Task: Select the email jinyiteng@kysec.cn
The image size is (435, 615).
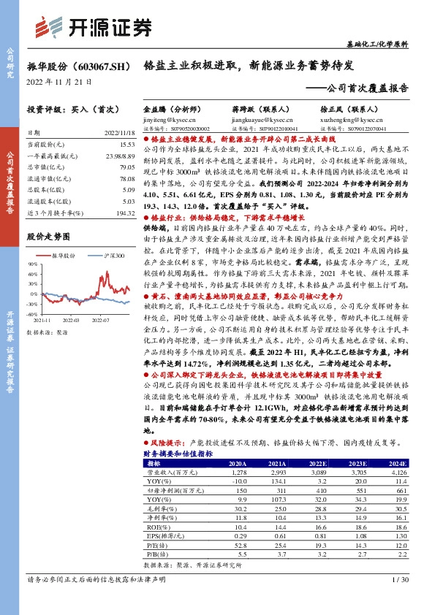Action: [x=167, y=118]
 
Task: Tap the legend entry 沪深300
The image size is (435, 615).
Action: [x=113, y=256]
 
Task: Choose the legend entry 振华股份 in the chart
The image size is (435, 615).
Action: [x=63, y=256]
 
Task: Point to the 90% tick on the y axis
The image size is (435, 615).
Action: [x=33, y=264]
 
